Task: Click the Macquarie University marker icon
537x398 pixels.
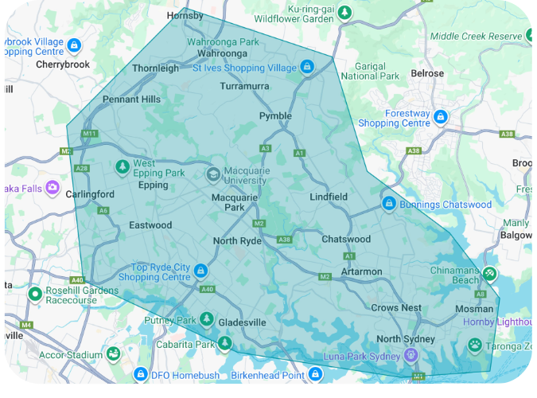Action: tap(213, 174)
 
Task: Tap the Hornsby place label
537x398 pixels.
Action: tap(185, 15)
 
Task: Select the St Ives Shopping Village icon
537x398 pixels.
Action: tap(306, 68)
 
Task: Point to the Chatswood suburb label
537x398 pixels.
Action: tap(346, 239)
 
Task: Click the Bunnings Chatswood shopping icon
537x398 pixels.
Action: tap(389, 205)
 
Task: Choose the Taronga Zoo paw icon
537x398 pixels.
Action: tap(475, 345)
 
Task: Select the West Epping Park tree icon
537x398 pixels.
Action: tap(122, 167)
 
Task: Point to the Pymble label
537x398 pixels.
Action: tap(275, 116)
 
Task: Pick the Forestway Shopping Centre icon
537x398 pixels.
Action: tap(440, 118)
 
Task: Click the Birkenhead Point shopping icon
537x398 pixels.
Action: tap(315, 373)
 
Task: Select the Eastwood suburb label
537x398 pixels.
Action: tap(150, 225)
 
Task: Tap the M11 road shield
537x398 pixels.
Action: tap(88, 134)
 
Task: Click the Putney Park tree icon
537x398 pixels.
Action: tap(207, 320)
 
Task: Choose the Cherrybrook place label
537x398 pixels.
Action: tap(60, 64)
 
